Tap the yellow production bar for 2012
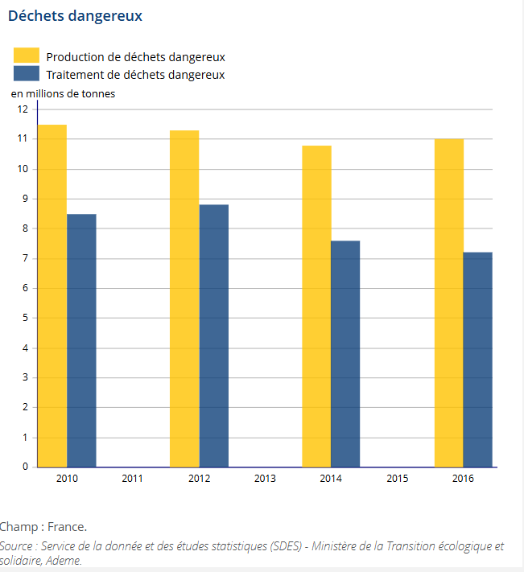pyautogui.click(x=184, y=298)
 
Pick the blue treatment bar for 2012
pyautogui.click(x=214, y=335)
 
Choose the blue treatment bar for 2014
pyautogui.click(x=345, y=353)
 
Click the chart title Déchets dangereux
pyautogui.click(x=75, y=16)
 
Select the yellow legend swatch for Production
pyautogui.click(x=27, y=56)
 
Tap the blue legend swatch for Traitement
pyautogui.click(x=27, y=74)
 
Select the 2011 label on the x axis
pyautogui.click(x=133, y=479)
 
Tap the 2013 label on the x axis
pyautogui.click(x=265, y=479)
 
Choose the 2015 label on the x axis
pyautogui.click(x=397, y=479)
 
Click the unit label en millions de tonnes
pyautogui.click(x=63, y=93)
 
